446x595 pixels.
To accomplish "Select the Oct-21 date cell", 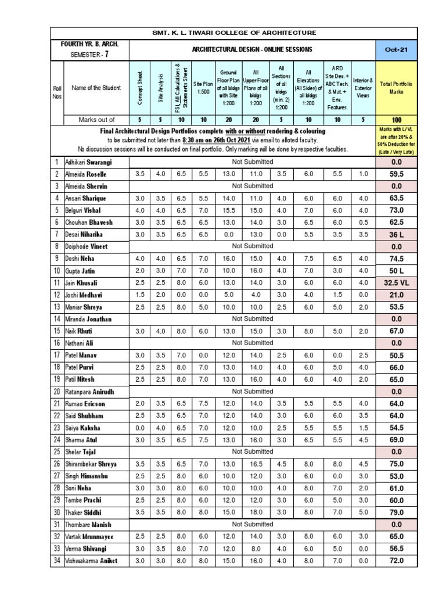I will point(396,49).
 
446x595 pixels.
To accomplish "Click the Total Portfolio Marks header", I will point(396,88).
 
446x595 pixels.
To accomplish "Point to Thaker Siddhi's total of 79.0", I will point(396,512).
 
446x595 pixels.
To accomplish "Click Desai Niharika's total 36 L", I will point(396,234).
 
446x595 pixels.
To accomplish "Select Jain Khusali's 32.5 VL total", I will point(396,282).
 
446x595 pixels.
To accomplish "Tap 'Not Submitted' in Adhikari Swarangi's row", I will point(252,162).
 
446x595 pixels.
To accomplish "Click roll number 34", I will point(57,560).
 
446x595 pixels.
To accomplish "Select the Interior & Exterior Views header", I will point(363,88).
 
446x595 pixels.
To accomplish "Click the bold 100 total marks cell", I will point(396,120).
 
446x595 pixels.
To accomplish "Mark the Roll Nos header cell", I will point(57,88).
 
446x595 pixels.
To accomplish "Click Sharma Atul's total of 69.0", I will point(396,440).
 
